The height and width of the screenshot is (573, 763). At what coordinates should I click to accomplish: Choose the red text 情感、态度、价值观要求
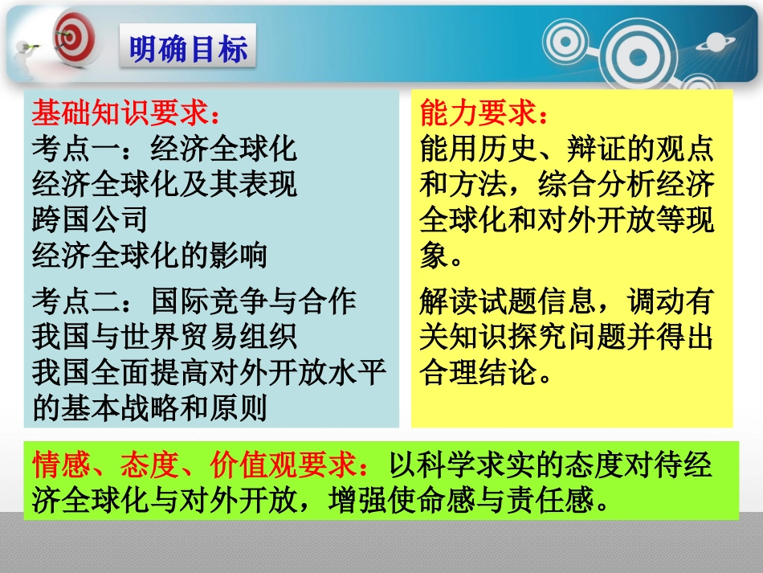(204, 466)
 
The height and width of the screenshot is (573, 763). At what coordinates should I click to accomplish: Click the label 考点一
(76, 149)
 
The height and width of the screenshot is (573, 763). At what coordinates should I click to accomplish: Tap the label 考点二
(76, 302)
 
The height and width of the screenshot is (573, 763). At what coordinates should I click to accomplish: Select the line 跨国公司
(90, 219)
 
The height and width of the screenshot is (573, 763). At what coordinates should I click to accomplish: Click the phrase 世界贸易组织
(210, 337)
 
